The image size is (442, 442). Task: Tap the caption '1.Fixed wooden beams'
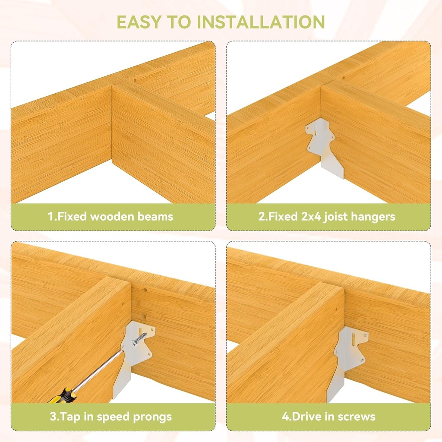click(x=110, y=216)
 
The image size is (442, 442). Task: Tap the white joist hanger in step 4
click(x=347, y=358)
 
